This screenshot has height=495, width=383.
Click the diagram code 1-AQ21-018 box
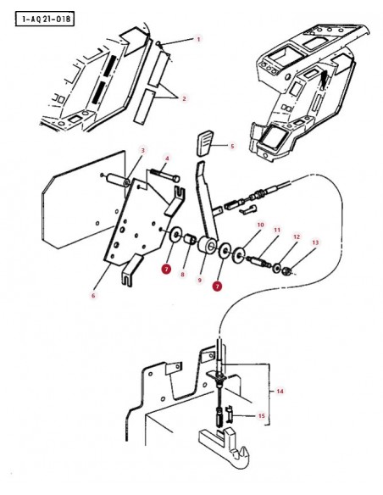click(44, 19)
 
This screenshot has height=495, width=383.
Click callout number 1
click(198, 39)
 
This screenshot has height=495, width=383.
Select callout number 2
click(184, 98)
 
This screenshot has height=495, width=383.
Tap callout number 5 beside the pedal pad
click(232, 146)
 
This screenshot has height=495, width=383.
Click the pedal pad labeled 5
click(206, 145)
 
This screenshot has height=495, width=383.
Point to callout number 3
click(142, 150)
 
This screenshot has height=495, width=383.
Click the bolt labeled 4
click(164, 175)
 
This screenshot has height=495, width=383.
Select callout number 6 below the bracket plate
click(93, 296)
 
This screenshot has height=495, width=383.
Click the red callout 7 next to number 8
click(166, 269)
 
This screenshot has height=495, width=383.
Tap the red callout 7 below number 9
click(217, 286)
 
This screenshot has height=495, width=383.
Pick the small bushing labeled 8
click(191, 239)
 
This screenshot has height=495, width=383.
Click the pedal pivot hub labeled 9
click(208, 245)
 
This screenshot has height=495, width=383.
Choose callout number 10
click(260, 225)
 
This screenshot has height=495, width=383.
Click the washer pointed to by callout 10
click(240, 254)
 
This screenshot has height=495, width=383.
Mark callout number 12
click(297, 236)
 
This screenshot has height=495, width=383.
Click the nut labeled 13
click(286, 271)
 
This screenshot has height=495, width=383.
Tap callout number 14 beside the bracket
click(280, 391)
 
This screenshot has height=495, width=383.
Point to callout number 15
click(262, 416)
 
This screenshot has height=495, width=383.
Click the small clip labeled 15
click(230, 414)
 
